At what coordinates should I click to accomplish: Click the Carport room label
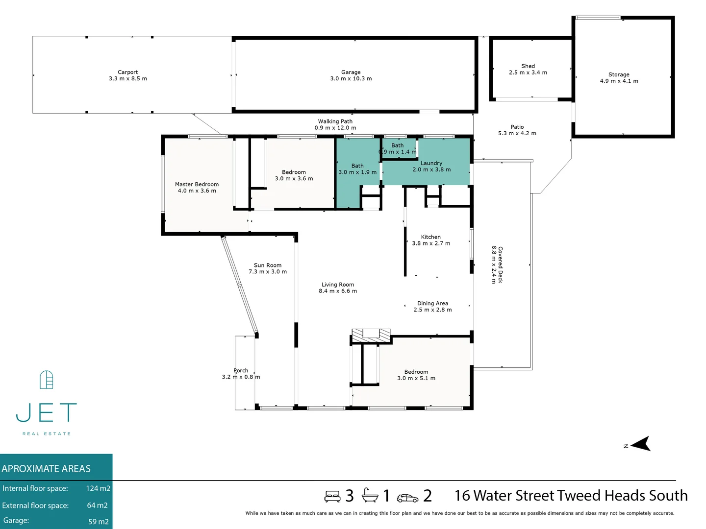click(x=127, y=72)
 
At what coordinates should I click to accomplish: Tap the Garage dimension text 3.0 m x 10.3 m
click(x=351, y=79)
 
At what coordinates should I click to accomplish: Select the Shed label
click(x=528, y=66)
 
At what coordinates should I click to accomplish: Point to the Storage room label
click(x=619, y=74)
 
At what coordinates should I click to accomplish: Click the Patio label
click(x=517, y=127)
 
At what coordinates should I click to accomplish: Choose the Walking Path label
click(x=335, y=121)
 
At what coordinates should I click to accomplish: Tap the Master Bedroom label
click(x=197, y=185)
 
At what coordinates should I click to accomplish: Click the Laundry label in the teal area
click(x=431, y=163)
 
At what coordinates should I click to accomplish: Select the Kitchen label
click(x=430, y=237)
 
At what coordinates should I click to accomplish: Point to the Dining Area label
click(x=432, y=304)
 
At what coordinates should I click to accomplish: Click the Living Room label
click(x=338, y=285)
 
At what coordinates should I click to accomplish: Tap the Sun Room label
click(x=267, y=265)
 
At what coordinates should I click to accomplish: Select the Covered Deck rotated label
click(x=500, y=264)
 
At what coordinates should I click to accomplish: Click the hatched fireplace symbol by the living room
click(x=371, y=335)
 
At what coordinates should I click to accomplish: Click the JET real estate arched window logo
click(x=46, y=380)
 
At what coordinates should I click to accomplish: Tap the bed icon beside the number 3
click(x=332, y=497)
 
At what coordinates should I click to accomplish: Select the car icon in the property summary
click(x=407, y=498)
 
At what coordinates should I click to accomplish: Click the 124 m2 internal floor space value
click(x=98, y=488)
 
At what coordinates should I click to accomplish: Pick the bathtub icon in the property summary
click(x=370, y=496)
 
